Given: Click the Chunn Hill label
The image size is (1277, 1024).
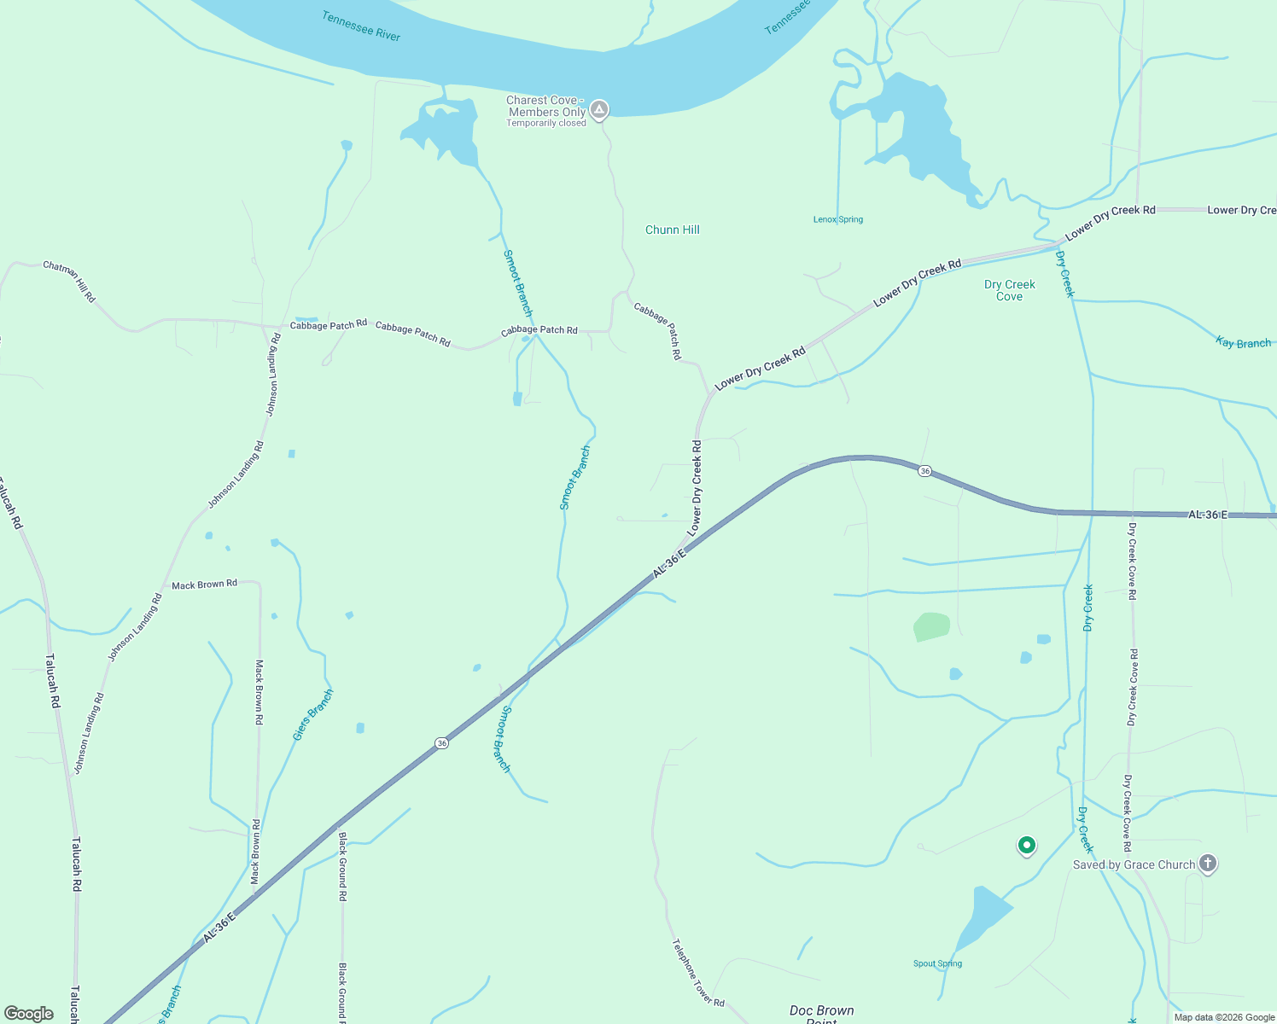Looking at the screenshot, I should [673, 230].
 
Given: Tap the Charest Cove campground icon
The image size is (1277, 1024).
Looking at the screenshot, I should [600, 109].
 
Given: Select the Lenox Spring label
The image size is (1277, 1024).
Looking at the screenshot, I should [837, 219].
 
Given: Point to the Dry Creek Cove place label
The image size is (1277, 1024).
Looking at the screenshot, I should [1009, 290].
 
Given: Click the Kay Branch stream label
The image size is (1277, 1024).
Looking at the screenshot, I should [1243, 343].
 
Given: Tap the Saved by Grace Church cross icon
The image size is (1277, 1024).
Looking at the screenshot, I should [1207, 864].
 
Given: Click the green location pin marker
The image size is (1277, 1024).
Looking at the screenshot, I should [1027, 845].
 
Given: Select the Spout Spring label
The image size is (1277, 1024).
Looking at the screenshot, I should [937, 963].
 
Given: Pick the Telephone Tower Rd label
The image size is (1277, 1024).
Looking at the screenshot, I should [697, 973].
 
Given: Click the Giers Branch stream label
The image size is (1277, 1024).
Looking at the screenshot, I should [312, 714].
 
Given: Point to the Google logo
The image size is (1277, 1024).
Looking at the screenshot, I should [29, 1014].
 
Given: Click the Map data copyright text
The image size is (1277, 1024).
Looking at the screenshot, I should [1223, 1017].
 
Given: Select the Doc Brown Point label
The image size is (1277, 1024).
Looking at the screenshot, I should [821, 1013].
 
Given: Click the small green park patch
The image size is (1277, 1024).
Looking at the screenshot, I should [931, 626].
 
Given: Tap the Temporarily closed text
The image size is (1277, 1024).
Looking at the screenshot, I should [546, 123].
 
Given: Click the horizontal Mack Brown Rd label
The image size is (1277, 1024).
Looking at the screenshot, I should [204, 585].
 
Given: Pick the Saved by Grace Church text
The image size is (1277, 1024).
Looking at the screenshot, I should [1134, 864].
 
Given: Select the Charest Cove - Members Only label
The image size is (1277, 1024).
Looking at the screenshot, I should [545, 106].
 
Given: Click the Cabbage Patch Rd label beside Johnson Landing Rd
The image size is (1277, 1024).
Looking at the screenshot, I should [329, 324].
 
